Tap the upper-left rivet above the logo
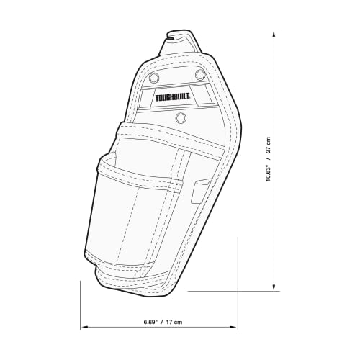[x=153, y=78]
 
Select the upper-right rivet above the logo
[x=201, y=75]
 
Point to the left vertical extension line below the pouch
[x=80, y=302]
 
